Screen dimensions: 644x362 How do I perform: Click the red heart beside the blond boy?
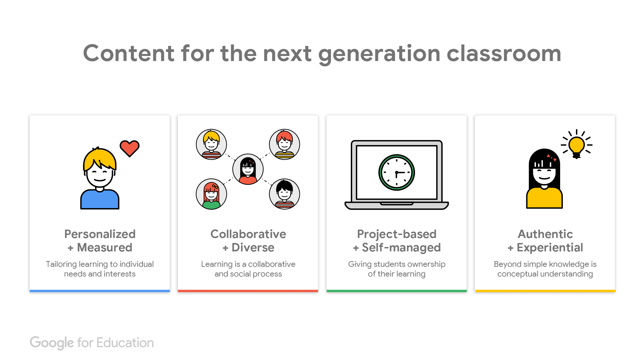[x=129, y=148]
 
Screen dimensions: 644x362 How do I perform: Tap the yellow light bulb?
[x=577, y=147]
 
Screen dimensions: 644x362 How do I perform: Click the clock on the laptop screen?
[x=397, y=173]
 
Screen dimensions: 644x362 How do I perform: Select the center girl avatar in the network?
[x=248, y=169]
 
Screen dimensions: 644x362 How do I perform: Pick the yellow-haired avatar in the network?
[x=211, y=144]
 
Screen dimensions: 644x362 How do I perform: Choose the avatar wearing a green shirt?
[x=211, y=194]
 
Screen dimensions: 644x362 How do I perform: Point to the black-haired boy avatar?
[x=284, y=194]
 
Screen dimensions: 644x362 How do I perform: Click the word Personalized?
[x=100, y=234]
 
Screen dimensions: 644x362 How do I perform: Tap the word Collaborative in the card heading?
[x=248, y=234]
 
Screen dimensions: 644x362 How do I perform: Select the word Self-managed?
[x=401, y=248]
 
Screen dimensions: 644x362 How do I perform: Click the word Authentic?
[x=545, y=234]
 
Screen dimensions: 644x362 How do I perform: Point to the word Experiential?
[x=550, y=248]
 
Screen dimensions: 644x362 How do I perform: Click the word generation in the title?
[x=379, y=54]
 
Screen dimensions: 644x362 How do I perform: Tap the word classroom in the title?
[x=504, y=53]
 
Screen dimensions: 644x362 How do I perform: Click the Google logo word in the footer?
[x=52, y=343]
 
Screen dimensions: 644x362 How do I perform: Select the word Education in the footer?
[x=125, y=343]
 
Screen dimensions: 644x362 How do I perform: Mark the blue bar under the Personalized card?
[x=100, y=291]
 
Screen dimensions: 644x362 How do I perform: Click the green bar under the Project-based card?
[x=397, y=291]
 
